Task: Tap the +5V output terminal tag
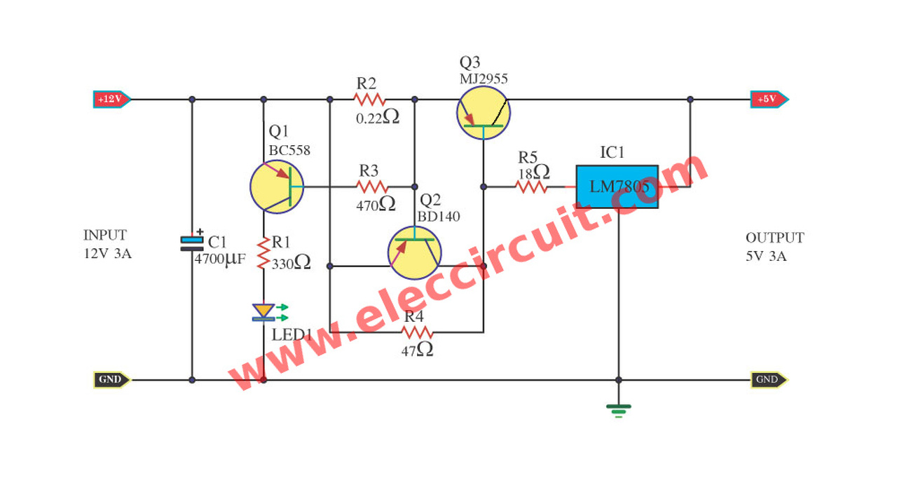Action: pyautogui.click(x=768, y=99)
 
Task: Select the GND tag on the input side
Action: pyautogui.click(x=111, y=380)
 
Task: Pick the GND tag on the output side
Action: pyautogui.click(x=768, y=380)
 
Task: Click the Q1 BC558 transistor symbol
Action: pyautogui.click(x=277, y=186)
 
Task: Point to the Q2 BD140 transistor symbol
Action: pyautogui.click(x=414, y=252)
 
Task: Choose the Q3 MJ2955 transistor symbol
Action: pyautogui.click(x=483, y=112)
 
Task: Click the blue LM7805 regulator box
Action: pyautogui.click(x=617, y=186)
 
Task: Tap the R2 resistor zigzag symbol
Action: pyautogui.click(x=369, y=99)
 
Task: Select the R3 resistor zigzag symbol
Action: pyautogui.click(x=371, y=186)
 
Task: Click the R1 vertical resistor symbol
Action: pyautogui.click(x=263, y=254)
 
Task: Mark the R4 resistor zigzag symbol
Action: pyautogui.click(x=418, y=332)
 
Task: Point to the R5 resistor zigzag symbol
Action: pyautogui.click(x=531, y=186)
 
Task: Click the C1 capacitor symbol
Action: pyautogui.click(x=192, y=243)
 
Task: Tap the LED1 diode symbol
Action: pyautogui.click(x=263, y=311)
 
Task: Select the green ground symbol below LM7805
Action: pyautogui.click(x=618, y=409)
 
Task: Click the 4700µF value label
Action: pyautogui.click(x=220, y=259)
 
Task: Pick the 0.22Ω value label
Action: pyautogui.click(x=377, y=118)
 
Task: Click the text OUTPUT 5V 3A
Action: pyautogui.click(x=774, y=247)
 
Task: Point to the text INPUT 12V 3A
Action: pyautogui.click(x=107, y=244)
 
